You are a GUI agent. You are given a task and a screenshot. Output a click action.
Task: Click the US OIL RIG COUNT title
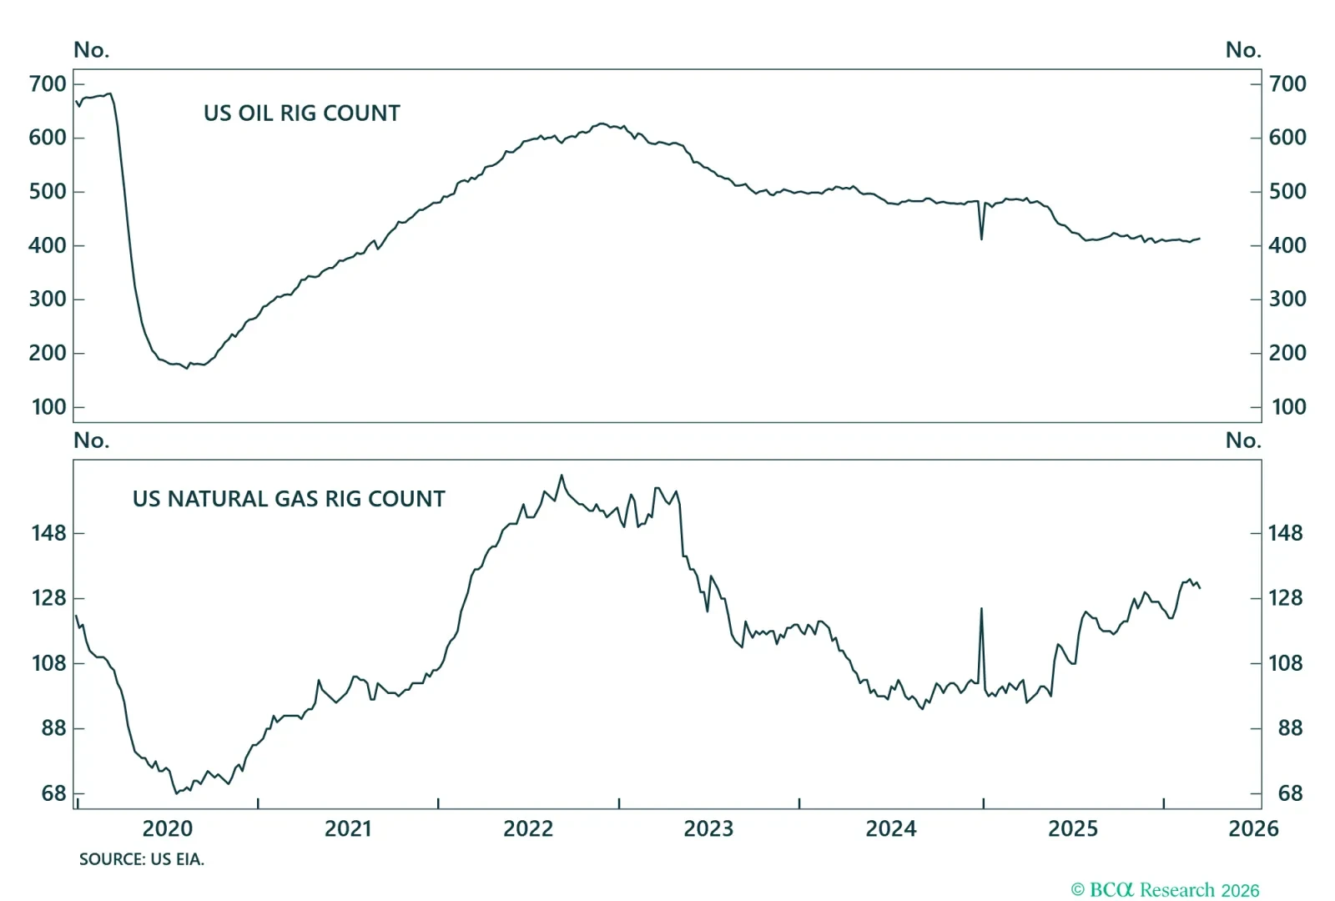click(x=301, y=113)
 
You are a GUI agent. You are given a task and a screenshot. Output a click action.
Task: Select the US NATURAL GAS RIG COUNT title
click(x=289, y=499)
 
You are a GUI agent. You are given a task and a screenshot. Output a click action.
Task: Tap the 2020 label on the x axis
click(x=167, y=828)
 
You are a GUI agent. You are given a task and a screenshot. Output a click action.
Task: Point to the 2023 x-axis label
click(x=708, y=828)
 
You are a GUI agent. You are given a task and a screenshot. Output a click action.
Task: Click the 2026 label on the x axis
click(x=1252, y=828)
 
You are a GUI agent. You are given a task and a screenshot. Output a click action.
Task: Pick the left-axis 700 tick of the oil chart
click(x=48, y=84)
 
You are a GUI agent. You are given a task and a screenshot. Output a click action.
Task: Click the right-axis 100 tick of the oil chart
click(x=1288, y=407)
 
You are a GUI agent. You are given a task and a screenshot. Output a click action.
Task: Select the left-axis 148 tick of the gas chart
click(x=48, y=533)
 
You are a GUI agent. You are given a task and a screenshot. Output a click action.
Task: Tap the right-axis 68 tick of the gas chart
click(x=1290, y=793)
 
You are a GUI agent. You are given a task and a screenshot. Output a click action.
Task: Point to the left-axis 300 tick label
click(x=48, y=299)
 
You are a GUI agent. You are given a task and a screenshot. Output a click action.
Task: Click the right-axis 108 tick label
click(x=1285, y=663)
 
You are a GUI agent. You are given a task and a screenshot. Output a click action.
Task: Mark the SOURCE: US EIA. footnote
click(x=142, y=859)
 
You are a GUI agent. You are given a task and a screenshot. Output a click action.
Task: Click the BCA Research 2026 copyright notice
click(x=1165, y=890)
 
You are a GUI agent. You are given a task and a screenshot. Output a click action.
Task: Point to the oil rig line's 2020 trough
click(x=187, y=368)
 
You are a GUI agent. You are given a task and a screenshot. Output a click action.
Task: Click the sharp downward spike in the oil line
click(x=981, y=239)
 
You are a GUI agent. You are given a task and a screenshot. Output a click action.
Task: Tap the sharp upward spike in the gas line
click(x=981, y=609)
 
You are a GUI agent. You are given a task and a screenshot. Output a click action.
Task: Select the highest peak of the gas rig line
click(x=562, y=476)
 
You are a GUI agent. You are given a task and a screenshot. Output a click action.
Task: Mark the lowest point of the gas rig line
click(x=176, y=793)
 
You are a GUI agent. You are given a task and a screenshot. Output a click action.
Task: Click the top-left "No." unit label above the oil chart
click(x=91, y=50)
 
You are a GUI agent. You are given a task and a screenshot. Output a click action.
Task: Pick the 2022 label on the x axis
click(x=528, y=828)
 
